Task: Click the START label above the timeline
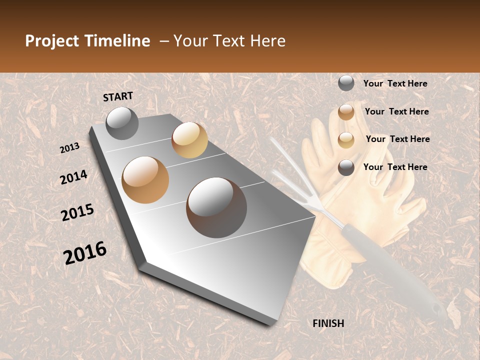(118, 96)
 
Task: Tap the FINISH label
(328, 323)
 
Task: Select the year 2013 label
(69, 148)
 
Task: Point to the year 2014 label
(73, 177)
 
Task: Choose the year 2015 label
(77, 212)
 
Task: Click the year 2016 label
(85, 253)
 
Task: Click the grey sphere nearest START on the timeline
(122, 123)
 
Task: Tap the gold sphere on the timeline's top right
(189, 140)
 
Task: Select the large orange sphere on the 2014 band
(145, 180)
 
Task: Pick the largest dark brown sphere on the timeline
(216, 207)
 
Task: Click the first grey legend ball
(346, 83)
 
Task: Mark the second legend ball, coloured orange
(346, 112)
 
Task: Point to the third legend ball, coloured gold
(346, 140)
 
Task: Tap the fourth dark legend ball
(346, 167)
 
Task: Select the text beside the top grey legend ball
(395, 83)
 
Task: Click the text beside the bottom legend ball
(395, 167)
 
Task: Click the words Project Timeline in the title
(87, 41)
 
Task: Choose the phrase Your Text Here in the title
(229, 41)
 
